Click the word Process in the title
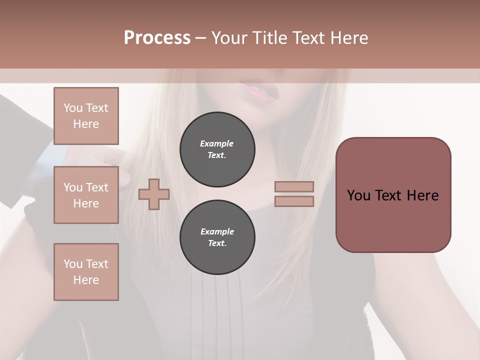157,37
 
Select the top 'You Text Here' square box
86,116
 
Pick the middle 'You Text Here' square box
86,195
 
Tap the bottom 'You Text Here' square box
86,272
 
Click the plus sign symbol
153,194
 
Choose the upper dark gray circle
217,149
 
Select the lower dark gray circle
217,237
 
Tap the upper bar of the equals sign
294,186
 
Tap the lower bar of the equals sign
294,201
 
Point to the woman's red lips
258,92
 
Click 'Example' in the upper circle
217,143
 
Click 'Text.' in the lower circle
217,243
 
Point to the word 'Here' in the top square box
86,124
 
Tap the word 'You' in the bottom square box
73,264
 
